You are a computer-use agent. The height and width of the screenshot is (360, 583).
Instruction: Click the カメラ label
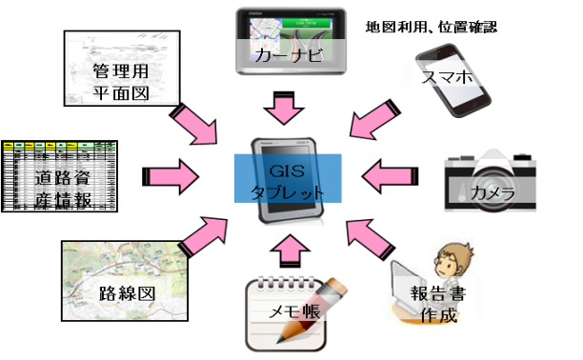[x=492, y=194]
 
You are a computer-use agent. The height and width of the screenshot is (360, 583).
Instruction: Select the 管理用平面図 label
[x=119, y=82]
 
